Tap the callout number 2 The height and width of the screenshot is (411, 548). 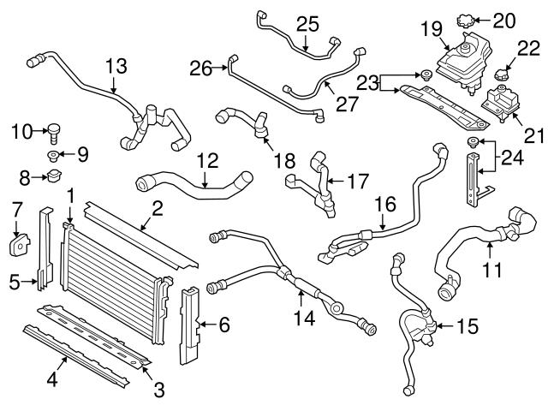click(158, 207)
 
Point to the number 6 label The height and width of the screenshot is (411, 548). click(224, 325)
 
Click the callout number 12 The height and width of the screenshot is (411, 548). click(207, 159)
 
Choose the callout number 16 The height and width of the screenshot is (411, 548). click(385, 206)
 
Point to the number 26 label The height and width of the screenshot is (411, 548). click(200, 66)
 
